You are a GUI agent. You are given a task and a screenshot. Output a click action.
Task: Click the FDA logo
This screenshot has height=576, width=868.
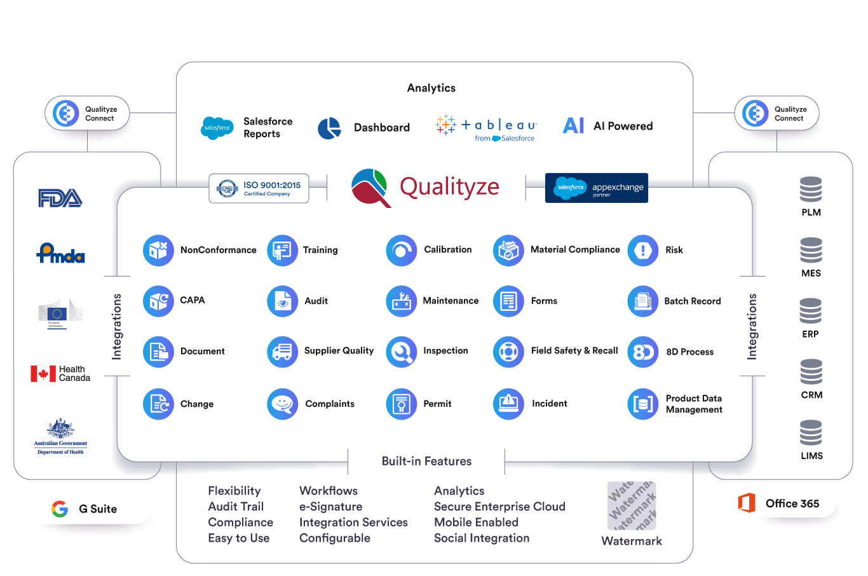point(60,198)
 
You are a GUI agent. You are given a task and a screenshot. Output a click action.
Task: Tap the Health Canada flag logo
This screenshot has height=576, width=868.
point(43,373)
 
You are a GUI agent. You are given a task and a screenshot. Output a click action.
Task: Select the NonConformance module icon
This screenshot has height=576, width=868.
point(158,250)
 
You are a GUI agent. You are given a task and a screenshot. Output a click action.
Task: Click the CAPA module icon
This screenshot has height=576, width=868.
point(158,301)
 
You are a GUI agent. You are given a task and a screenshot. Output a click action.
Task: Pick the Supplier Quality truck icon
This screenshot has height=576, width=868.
point(282,352)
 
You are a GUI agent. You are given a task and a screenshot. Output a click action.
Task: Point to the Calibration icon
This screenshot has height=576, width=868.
point(401,250)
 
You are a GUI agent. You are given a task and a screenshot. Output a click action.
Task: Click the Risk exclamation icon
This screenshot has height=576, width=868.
point(642,250)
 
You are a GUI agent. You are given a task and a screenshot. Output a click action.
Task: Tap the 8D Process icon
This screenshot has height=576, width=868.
point(642,352)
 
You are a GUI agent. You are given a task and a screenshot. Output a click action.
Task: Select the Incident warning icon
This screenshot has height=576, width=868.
point(508,404)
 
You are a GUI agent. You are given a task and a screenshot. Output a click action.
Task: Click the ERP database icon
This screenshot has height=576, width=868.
point(810,311)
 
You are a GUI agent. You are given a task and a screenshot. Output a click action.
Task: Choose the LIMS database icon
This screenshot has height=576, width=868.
point(811,433)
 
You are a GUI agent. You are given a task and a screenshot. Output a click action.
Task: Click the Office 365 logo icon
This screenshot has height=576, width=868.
point(747,503)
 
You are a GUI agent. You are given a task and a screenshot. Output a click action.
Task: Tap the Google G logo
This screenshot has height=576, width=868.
point(60,509)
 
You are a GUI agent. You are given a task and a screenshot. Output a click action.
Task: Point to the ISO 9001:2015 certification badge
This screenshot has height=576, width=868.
point(259,188)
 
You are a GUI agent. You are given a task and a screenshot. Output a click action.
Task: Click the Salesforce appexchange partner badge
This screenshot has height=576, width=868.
point(596,188)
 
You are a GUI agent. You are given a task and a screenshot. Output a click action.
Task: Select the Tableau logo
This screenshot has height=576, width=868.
point(487,126)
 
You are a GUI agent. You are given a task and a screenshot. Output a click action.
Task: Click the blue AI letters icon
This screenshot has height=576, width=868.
point(573,125)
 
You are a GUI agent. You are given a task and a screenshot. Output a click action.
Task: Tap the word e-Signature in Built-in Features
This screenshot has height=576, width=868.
point(330,507)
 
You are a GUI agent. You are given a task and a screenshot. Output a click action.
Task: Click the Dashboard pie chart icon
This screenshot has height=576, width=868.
point(329,128)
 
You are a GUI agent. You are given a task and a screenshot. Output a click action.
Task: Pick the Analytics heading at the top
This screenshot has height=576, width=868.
point(431,88)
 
